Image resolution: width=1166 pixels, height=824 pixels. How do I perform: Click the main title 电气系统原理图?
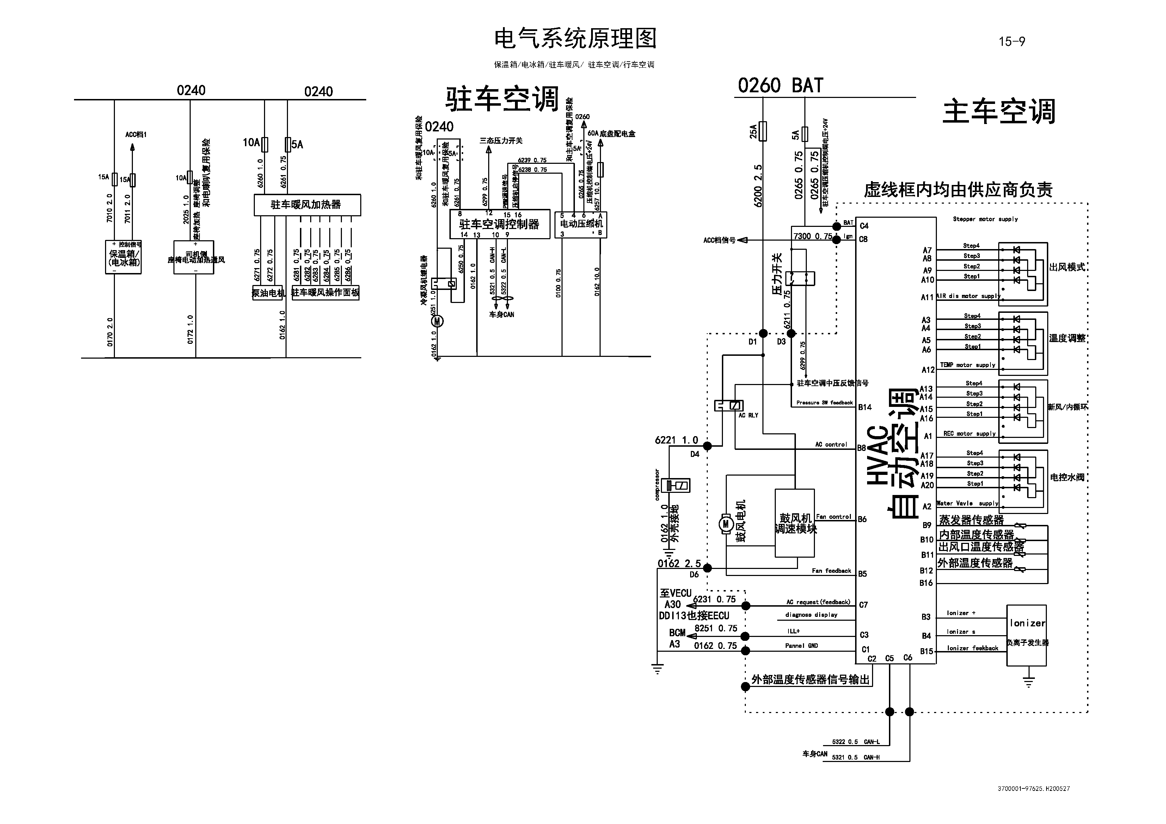pos(575,39)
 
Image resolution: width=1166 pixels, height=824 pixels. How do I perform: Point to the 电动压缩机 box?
pos(581,224)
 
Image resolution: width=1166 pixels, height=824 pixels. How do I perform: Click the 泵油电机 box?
pos(268,293)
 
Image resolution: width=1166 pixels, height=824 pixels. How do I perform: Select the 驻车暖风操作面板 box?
pos(326,293)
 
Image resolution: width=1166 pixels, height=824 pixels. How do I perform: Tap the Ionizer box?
pos(1026,634)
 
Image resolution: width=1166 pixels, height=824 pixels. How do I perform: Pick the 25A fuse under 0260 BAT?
pos(762,131)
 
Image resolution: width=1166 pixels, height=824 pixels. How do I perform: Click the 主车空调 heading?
pos(999,112)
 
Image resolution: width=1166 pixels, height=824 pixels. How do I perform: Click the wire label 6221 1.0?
pos(676,440)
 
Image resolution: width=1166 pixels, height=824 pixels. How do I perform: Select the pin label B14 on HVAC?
pos(865,407)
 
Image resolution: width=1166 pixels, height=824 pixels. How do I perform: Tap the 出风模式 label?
pos(1067,267)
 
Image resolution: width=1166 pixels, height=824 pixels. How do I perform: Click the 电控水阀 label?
pos(1067,477)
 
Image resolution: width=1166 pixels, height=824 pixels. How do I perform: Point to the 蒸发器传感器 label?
pos(971,520)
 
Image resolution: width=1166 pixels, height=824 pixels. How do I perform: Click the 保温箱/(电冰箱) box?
pos(123,258)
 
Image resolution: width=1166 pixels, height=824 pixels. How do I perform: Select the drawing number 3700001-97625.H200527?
pos(1033,788)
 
